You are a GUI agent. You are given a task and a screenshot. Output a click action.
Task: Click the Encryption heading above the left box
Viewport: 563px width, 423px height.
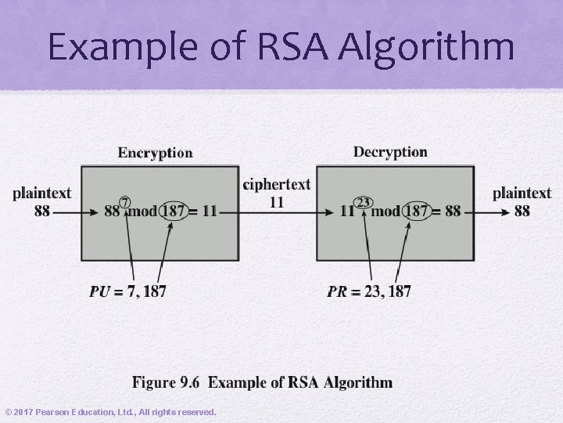(155, 153)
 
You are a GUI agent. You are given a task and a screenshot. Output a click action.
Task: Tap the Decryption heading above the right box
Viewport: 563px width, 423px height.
(390, 152)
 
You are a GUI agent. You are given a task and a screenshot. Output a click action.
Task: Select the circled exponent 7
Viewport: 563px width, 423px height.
(124, 202)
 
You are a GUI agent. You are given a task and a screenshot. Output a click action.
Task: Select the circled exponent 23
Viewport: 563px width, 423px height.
(363, 202)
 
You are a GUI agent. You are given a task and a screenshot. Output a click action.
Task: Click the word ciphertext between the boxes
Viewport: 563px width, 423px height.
(277, 185)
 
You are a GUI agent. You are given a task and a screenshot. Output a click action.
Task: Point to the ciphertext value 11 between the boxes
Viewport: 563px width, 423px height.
(276, 202)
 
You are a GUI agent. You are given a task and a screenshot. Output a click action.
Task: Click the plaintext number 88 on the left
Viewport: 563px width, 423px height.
(42, 211)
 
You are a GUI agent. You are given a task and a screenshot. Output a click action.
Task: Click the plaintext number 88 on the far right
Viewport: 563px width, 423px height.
(522, 211)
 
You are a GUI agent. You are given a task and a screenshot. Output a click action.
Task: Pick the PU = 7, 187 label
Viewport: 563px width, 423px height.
(127, 291)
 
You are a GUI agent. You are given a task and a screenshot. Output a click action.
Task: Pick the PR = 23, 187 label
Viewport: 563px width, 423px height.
(369, 291)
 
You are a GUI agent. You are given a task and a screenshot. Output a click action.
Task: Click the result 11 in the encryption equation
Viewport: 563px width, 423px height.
(209, 211)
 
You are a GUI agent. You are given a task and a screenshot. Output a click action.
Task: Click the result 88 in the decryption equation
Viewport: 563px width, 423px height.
(453, 211)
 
